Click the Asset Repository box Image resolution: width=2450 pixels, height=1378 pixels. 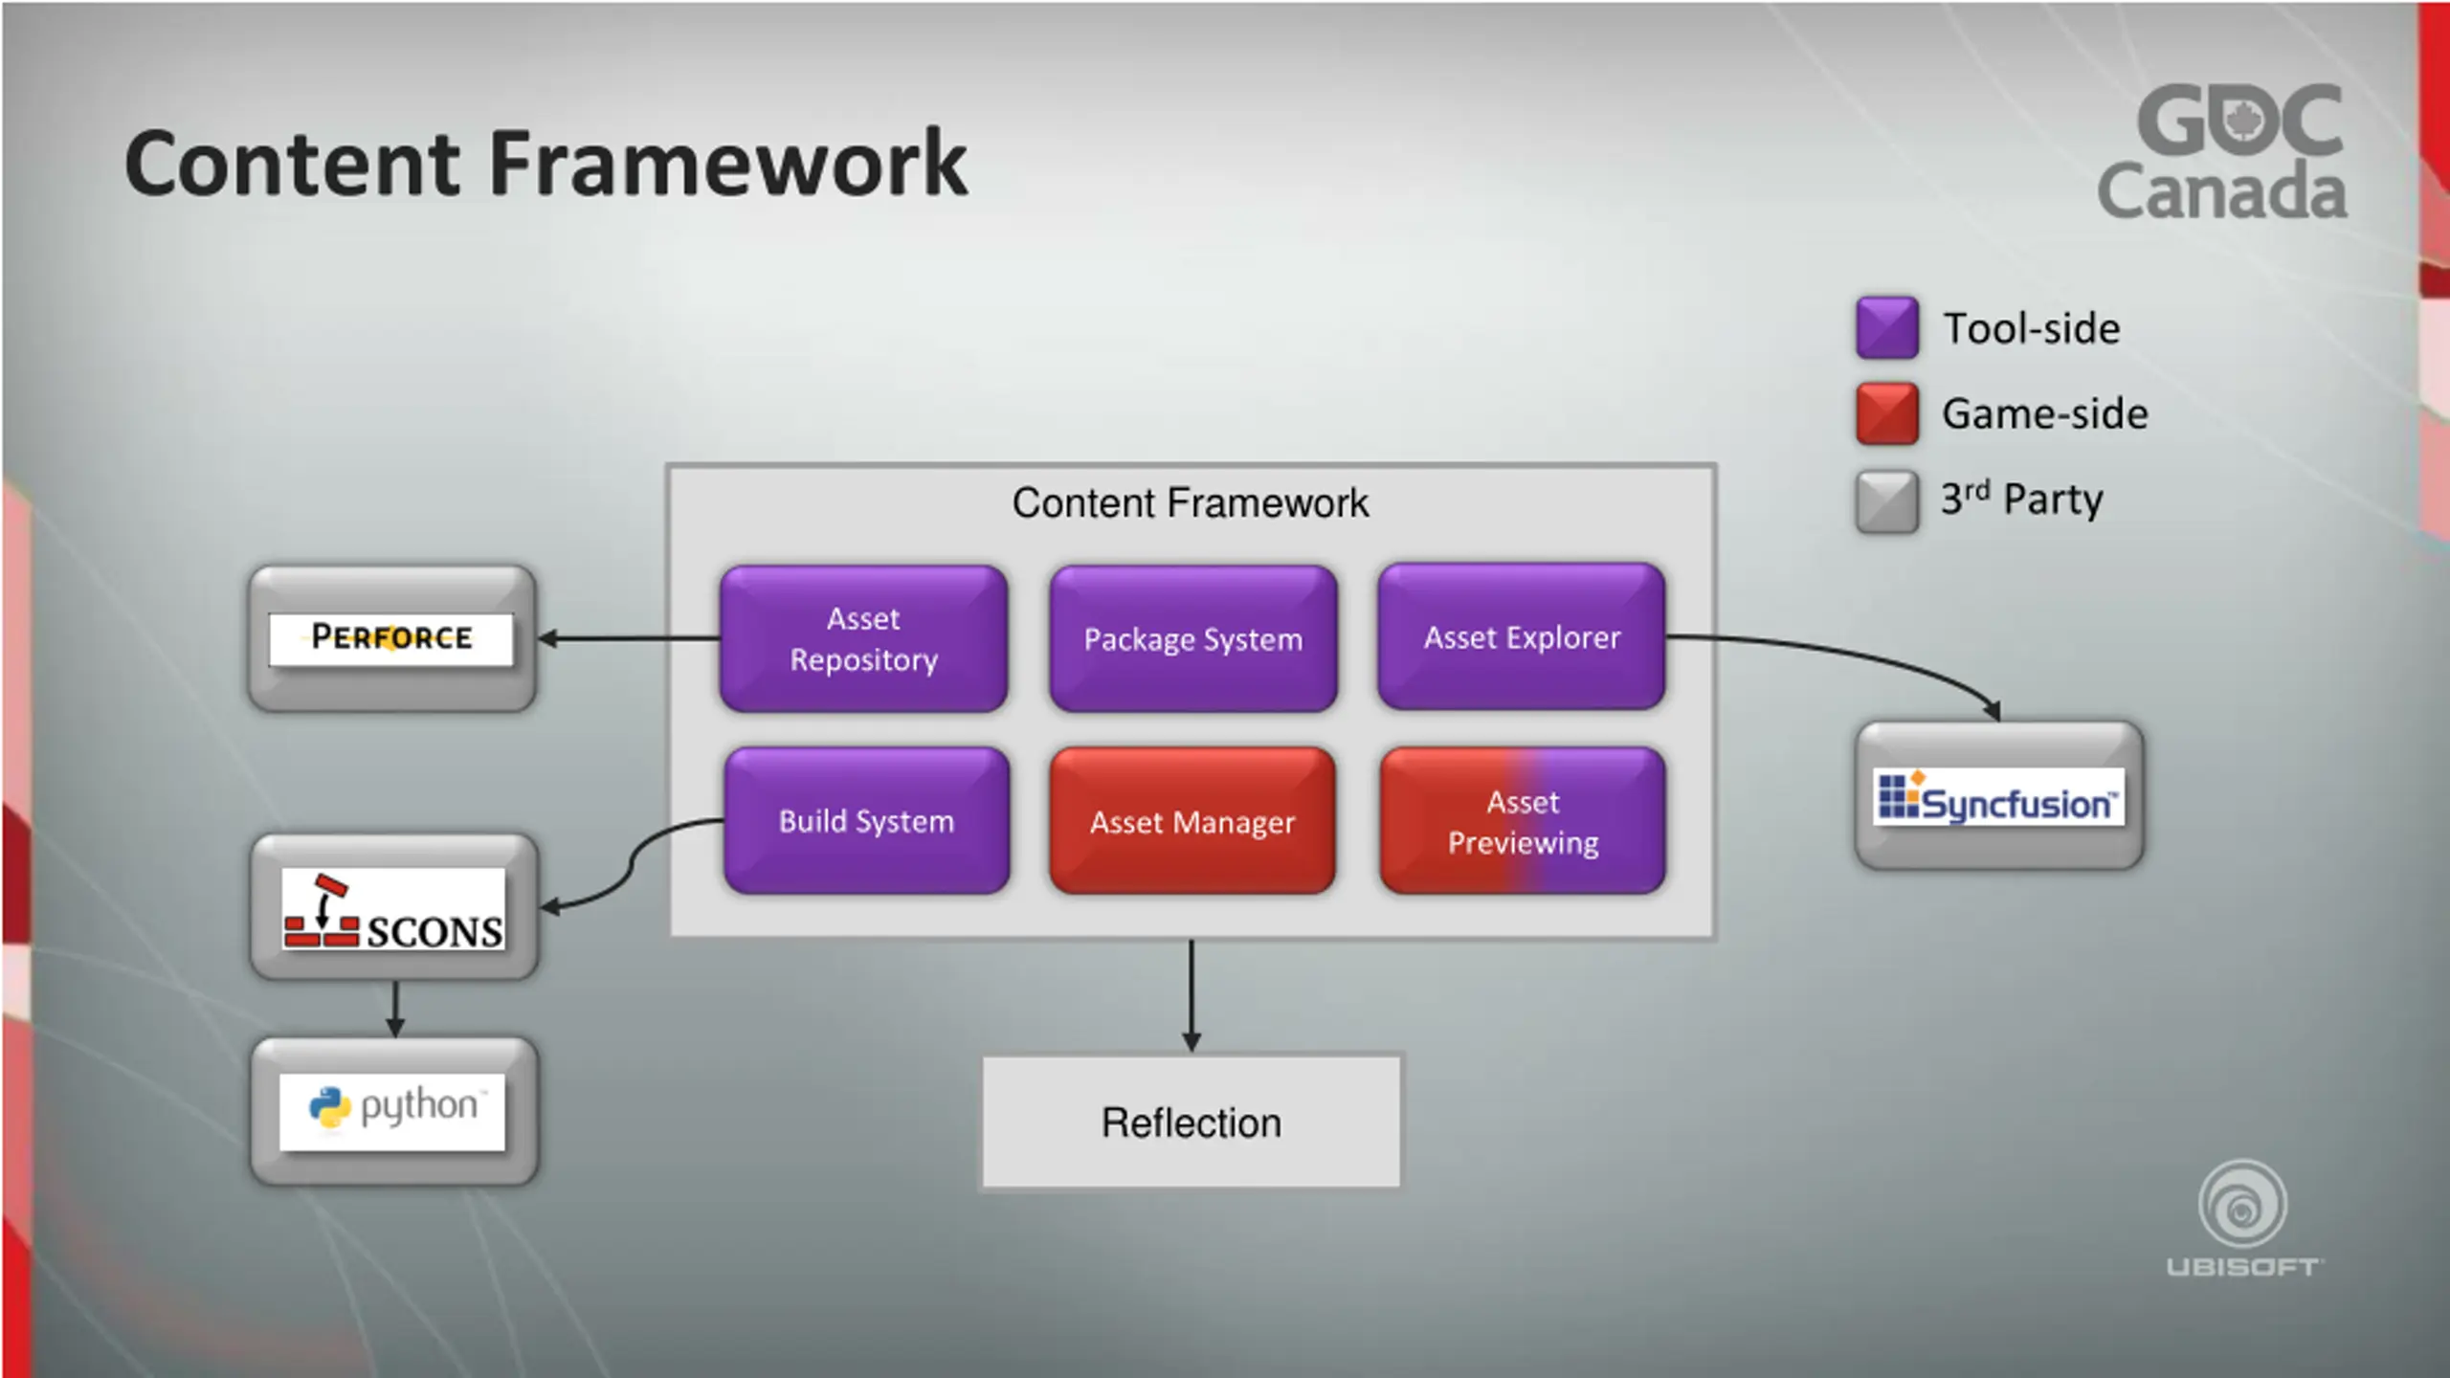click(x=863, y=638)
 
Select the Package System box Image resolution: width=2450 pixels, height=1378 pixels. click(x=1192, y=638)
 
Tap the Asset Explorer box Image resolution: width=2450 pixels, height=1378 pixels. click(x=1522, y=636)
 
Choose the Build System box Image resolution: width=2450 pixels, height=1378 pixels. click(x=866, y=821)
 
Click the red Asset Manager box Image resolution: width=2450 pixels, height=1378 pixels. click(x=1192, y=821)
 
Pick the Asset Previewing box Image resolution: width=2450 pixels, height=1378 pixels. click(x=1523, y=821)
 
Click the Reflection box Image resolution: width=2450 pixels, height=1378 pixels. click(x=1191, y=1122)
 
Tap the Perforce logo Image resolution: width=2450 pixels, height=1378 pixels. click(x=391, y=638)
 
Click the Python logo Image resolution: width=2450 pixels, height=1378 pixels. click(x=392, y=1110)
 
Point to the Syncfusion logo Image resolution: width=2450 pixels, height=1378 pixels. click(x=1998, y=796)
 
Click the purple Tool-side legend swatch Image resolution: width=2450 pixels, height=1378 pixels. click(x=1886, y=327)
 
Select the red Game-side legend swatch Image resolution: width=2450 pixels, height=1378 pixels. click(x=1886, y=413)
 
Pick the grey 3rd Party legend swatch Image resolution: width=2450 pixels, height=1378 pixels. click(x=1886, y=500)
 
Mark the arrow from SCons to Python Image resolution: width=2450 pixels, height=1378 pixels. click(x=395, y=1009)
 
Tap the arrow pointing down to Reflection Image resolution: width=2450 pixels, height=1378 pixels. click(x=1192, y=995)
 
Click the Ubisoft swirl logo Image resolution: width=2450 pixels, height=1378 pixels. click(x=2242, y=1204)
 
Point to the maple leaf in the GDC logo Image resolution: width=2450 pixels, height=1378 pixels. click(x=2239, y=121)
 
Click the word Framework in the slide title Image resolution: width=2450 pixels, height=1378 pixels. click(x=727, y=165)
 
